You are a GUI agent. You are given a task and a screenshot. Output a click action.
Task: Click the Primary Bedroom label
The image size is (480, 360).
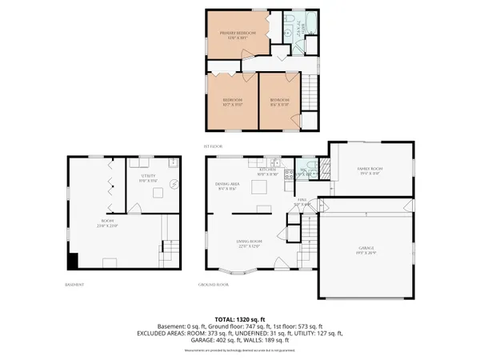(x=238, y=34)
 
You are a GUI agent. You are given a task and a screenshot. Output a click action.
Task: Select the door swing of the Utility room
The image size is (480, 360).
(x=136, y=206)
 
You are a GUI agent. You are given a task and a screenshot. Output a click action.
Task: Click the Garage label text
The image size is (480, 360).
(x=366, y=249)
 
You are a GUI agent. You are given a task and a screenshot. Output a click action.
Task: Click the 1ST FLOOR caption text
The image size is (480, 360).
(x=211, y=146)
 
